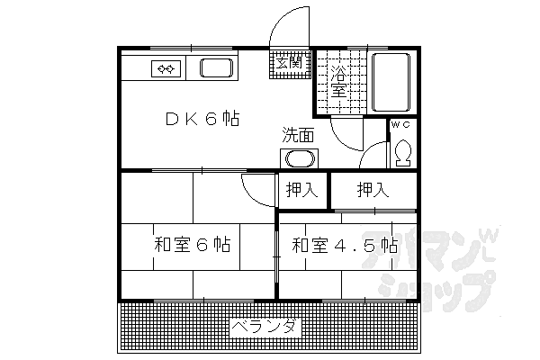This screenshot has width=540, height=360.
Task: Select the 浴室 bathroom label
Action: [337, 80]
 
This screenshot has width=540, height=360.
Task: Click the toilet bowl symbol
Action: [402, 153]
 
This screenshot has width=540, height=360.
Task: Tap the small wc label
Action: [401, 126]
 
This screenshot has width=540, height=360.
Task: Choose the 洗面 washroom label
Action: [298, 136]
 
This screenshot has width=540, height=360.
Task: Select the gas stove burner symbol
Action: [167, 67]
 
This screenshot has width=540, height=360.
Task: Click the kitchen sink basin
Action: [216, 68]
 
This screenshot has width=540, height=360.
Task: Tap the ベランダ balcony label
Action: [266, 326]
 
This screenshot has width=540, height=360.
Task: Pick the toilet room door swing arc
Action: [371, 153]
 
